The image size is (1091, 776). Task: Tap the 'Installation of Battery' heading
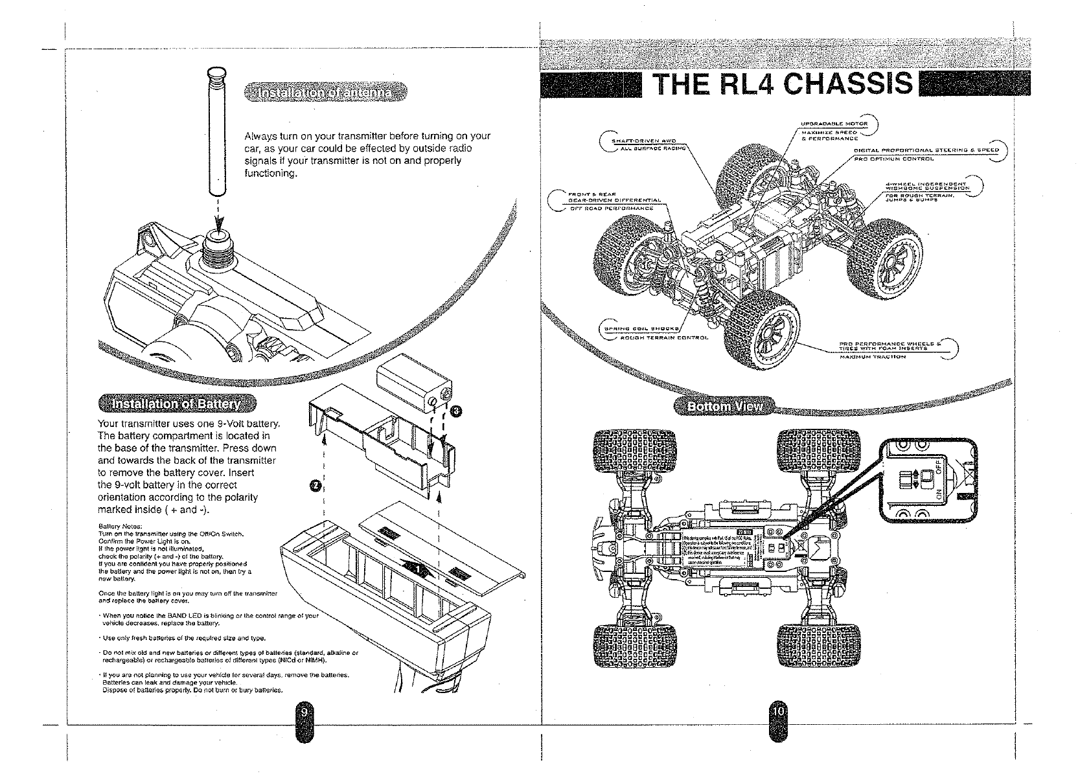click(176, 405)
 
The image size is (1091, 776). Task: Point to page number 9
click(303, 711)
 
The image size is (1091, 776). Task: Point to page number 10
click(777, 711)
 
